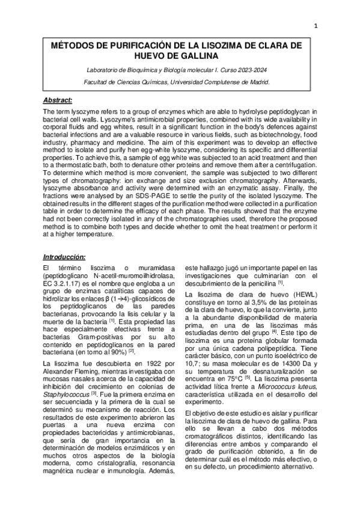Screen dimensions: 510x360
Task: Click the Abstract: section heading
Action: [x=58, y=100]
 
